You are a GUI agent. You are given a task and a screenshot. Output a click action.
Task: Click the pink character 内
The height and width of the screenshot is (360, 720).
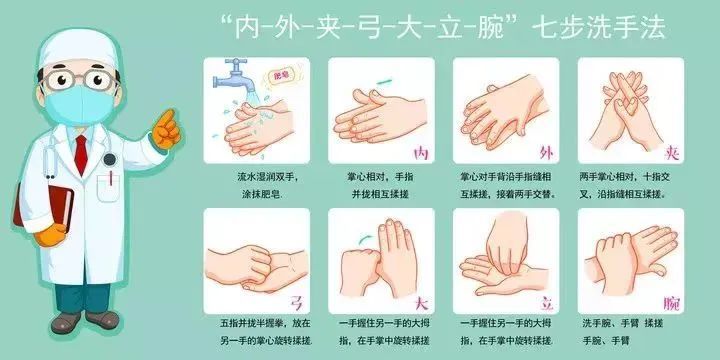click(421, 153)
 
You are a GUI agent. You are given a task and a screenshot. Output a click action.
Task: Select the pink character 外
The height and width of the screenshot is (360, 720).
click(546, 153)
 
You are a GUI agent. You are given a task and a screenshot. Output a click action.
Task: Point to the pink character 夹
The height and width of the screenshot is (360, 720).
click(671, 153)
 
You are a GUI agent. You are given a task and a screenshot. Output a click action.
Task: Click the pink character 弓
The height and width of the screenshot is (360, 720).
click(296, 303)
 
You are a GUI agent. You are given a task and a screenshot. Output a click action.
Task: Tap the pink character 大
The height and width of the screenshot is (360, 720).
click(421, 303)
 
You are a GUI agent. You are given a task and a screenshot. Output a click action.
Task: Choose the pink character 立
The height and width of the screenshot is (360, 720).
click(546, 303)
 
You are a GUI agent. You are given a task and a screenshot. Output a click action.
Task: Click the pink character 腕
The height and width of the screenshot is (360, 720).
click(671, 304)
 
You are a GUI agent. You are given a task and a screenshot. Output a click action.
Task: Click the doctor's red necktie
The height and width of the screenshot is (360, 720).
click(81, 155)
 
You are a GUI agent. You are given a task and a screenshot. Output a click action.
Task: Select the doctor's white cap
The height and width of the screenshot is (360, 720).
click(78, 48)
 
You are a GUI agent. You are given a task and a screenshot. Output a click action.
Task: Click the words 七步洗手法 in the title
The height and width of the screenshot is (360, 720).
click(598, 29)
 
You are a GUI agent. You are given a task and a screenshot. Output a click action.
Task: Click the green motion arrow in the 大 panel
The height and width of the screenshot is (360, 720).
click(366, 238)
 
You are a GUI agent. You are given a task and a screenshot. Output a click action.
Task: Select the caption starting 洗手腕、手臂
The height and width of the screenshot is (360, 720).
click(622, 332)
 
